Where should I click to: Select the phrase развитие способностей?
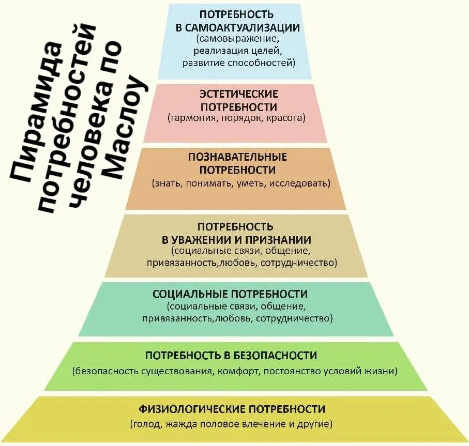click(x=238, y=63)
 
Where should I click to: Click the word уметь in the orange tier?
click(x=250, y=182)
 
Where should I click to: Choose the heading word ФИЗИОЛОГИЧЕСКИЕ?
click(x=192, y=409)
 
